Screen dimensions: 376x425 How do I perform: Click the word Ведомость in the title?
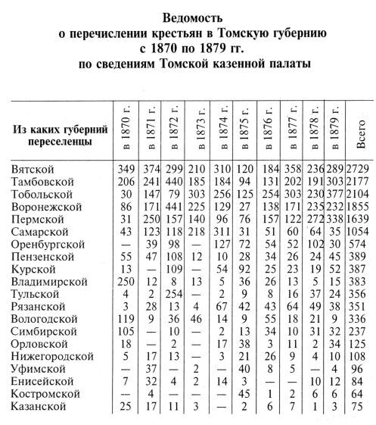click(x=188, y=17)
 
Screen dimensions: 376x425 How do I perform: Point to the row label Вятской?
click(x=33, y=166)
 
